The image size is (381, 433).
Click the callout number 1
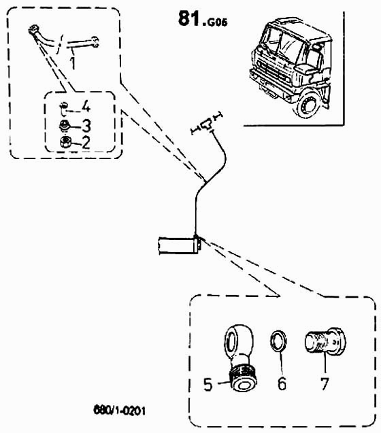point(73,63)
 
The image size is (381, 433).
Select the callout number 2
point(86,143)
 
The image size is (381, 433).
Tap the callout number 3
point(86,126)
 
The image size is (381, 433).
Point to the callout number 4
point(86,106)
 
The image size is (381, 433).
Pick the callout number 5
point(208,384)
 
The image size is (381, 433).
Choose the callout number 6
point(282,384)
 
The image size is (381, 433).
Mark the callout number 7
point(325,383)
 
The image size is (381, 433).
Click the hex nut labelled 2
point(65,142)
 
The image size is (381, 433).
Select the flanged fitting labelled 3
point(64,126)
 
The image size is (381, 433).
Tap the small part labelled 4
point(63,108)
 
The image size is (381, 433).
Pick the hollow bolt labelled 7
point(325,341)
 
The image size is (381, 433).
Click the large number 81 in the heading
point(189,19)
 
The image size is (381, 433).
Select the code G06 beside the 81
point(217,22)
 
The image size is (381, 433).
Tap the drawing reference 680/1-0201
point(120,410)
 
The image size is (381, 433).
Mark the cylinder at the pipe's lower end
point(179,245)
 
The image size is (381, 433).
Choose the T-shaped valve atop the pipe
point(207,124)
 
